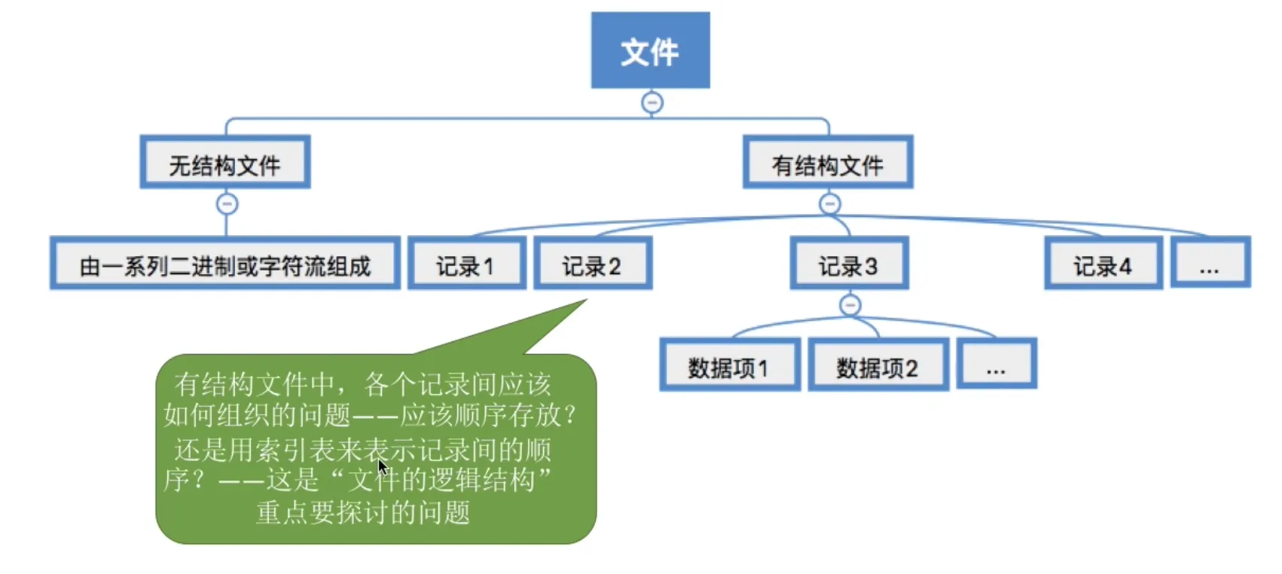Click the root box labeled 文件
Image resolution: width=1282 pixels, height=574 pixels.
pos(650,50)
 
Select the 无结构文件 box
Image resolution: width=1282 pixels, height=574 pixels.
pos(225,163)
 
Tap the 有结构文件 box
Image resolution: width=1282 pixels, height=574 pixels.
pos(828,163)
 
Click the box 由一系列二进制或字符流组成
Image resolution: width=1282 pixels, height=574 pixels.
pos(225,264)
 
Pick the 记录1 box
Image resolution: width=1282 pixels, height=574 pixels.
pos(466,264)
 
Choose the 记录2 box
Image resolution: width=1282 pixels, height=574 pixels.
pos(593,264)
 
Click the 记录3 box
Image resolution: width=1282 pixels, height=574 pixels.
pos(849,264)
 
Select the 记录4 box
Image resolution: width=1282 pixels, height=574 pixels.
pos(1103,264)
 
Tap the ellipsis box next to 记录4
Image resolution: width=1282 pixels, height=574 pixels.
pos(1210,264)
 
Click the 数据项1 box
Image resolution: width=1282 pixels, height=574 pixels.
pos(729,366)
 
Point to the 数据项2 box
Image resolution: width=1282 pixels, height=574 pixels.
pos(878,366)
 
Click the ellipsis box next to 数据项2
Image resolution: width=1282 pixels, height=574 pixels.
pos(996,366)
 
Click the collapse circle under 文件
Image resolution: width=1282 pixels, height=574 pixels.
pos(652,102)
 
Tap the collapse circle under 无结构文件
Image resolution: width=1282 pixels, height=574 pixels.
pos(227,204)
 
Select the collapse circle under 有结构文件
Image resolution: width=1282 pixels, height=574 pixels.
pos(829,204)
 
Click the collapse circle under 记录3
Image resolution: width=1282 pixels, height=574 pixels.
pos(850,305)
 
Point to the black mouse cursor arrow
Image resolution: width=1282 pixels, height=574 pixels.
pos(383,467)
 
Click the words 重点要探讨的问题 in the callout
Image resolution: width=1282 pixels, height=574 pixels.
pos(363,512)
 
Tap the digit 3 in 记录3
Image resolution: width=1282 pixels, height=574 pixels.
pos(871,266)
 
